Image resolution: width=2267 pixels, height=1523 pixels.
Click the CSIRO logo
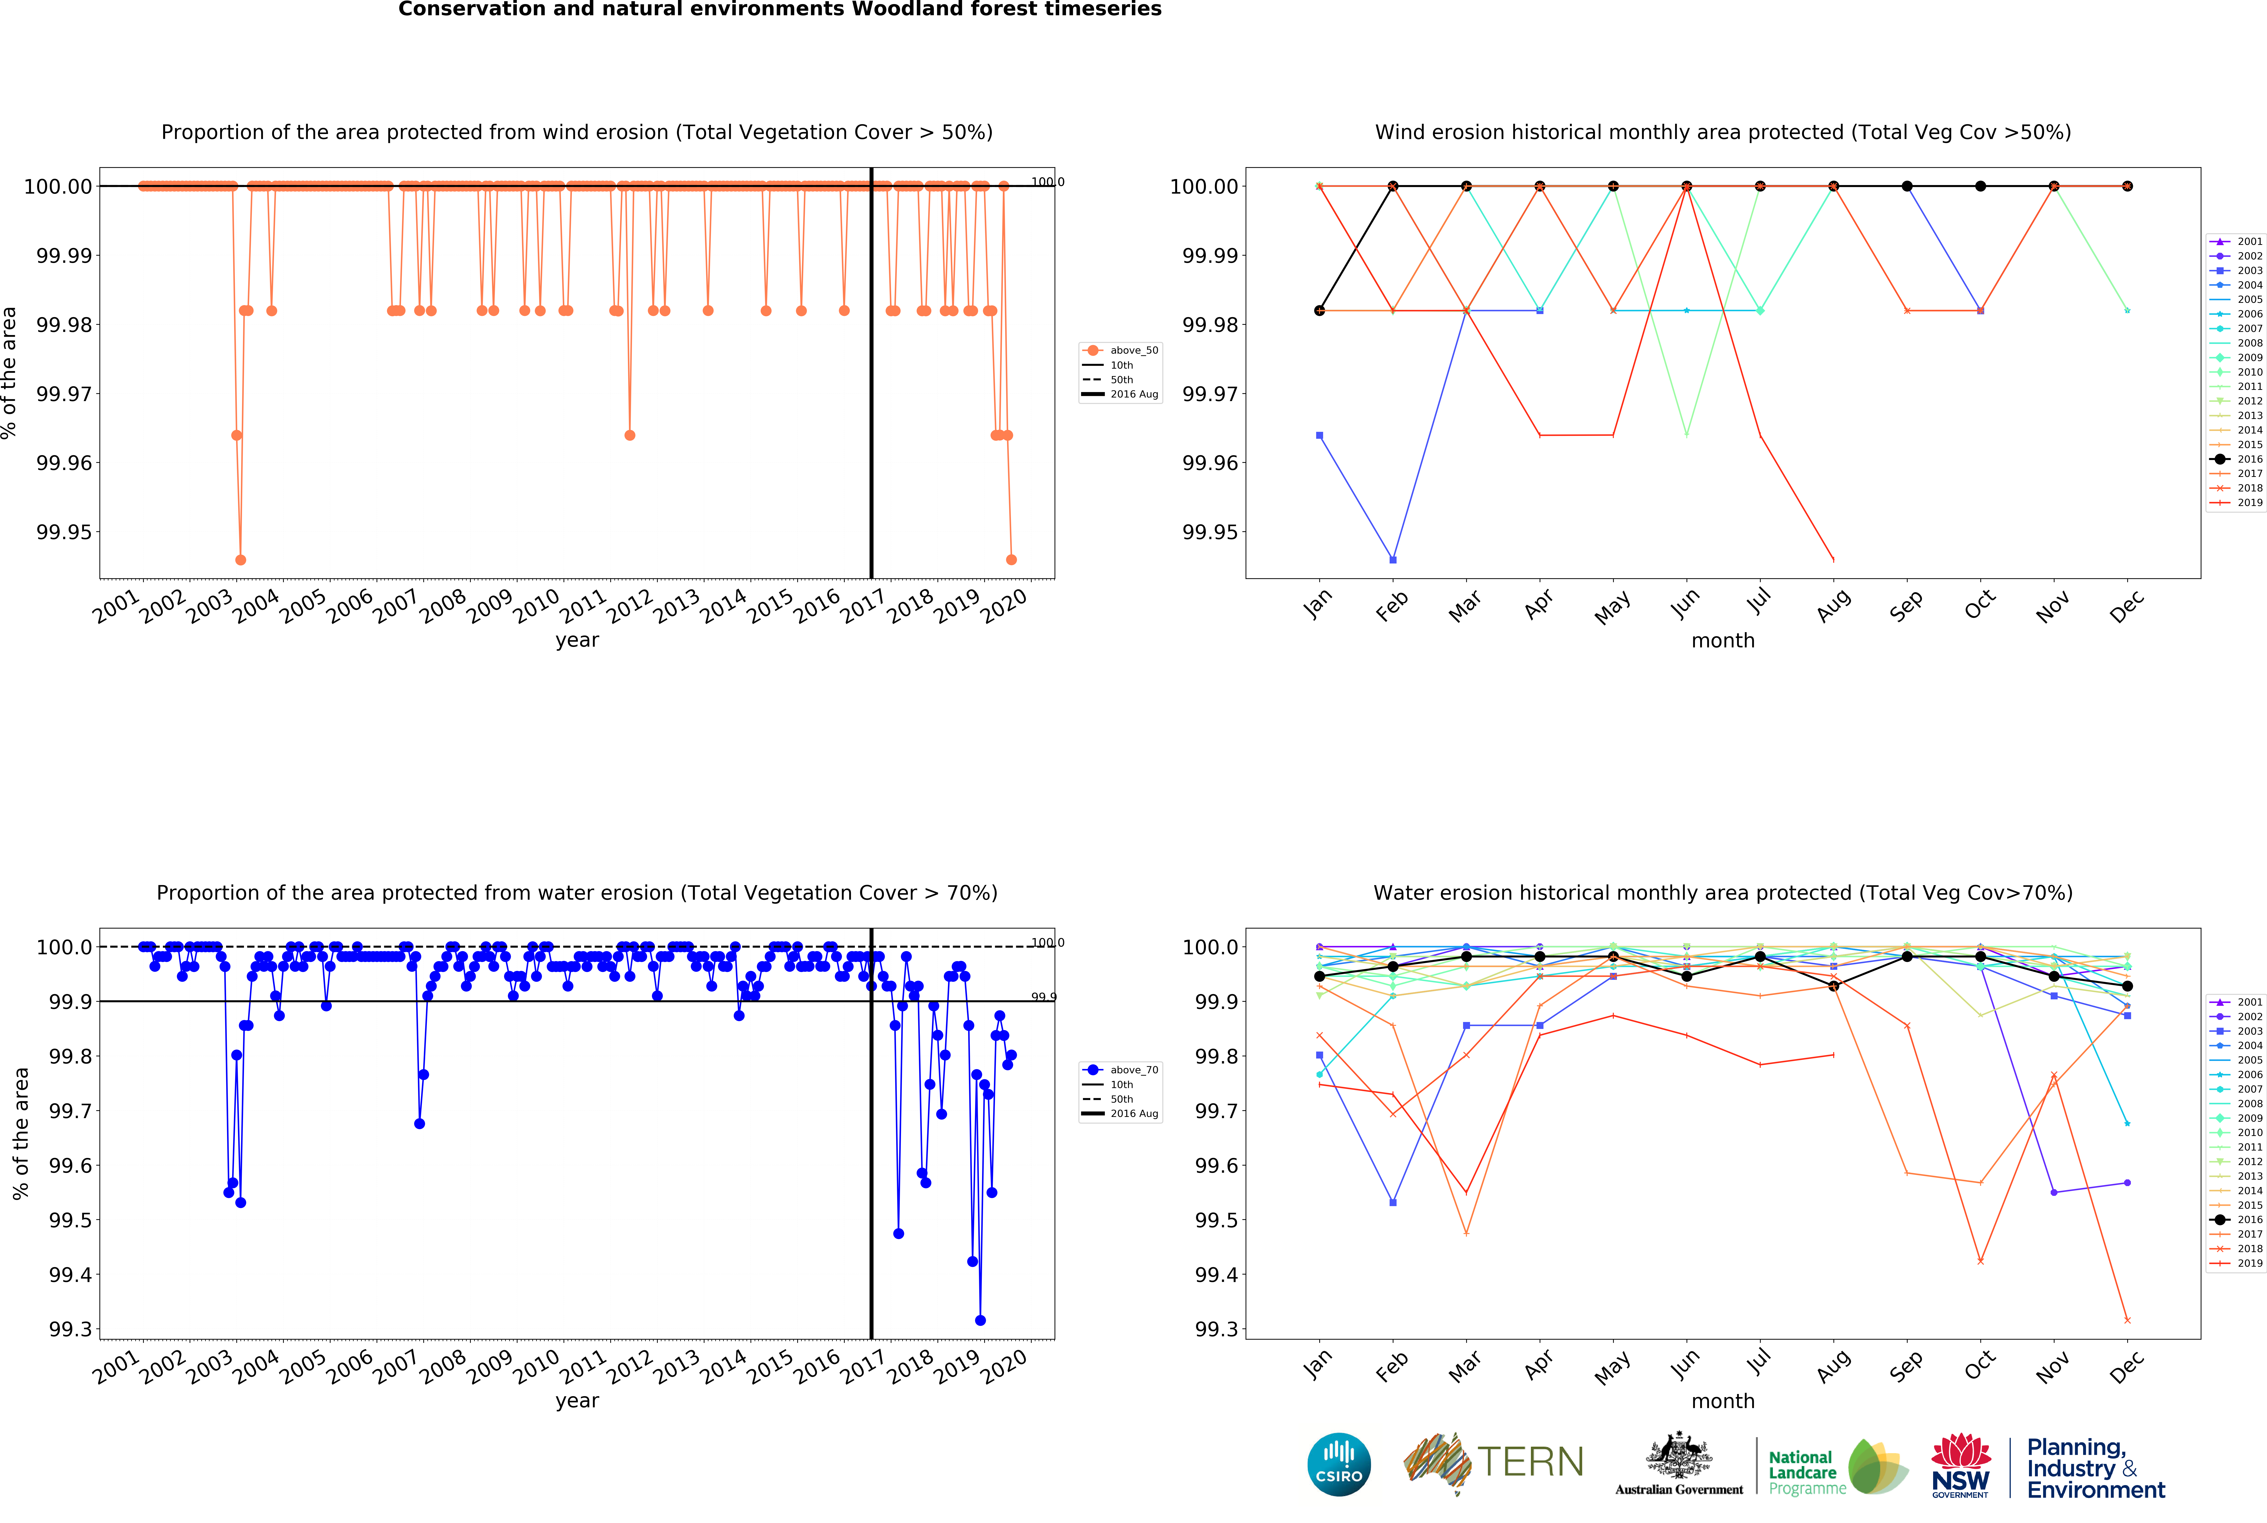click(x=1338, y=1464)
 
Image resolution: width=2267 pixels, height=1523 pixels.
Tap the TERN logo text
click(x=1531, y=1462)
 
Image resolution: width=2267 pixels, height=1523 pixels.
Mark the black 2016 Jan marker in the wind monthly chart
click(x=1319, y=311)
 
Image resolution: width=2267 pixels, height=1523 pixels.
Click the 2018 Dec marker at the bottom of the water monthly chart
click(x=2127, y=1320)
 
